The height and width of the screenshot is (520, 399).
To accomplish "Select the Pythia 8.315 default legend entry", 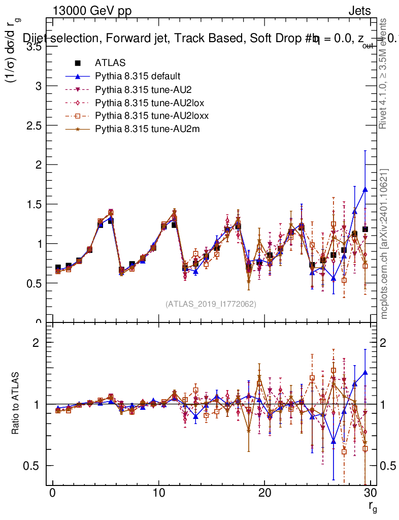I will coord(138,76).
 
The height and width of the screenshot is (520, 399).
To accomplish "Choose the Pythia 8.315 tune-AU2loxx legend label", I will coord(152,116).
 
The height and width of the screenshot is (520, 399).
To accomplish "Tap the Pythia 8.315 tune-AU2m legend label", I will coord(147,129).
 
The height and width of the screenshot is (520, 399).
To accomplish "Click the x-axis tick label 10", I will coord(158,494).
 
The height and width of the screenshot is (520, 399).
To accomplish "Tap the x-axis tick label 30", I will coord(371,494).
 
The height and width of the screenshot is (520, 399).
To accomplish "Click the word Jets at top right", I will coord(359,11).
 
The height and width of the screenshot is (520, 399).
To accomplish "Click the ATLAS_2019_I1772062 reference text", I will coord(211,304).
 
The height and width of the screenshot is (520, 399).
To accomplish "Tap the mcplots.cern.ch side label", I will coord(385,244).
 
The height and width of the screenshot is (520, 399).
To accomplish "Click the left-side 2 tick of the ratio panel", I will coord(36,342).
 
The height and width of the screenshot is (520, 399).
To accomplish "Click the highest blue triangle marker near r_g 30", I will coord(365,189).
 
